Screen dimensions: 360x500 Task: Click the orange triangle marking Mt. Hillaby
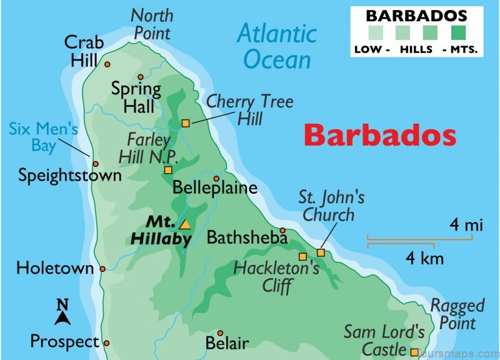[184, 224]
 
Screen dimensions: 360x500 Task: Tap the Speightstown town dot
[96, 164]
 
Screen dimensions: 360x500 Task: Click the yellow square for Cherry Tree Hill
[186, 123]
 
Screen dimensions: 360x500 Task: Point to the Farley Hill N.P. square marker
[167, 170]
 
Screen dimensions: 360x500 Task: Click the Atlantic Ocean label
[276, 46]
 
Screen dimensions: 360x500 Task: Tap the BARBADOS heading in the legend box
[416, 15]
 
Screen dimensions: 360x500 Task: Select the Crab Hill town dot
[107, 64]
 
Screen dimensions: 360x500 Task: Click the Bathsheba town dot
[282, 231]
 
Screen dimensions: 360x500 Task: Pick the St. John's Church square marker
[321, 252]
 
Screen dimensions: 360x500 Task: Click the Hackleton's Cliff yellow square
[302, 256]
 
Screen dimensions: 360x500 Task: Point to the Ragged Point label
[457, 314]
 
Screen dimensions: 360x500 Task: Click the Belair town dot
[220, 333]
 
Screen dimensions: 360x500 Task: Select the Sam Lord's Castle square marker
[414, 352]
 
